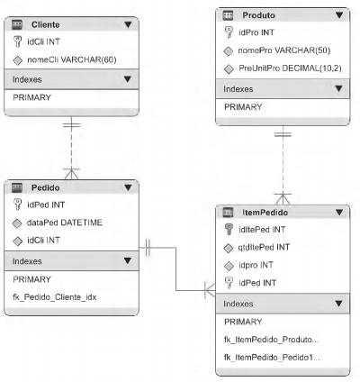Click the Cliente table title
point(46,24)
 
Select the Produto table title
point(258,15)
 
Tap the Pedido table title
point(46,187)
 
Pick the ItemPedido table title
point(265,213)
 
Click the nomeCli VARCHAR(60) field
point(72,59)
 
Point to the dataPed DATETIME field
point(65,223)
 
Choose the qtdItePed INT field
point(264,247)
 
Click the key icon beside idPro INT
point(229,32)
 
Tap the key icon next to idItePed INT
point(229,230)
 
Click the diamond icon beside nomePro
point(229,51)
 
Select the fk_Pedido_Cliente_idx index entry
point(55,297)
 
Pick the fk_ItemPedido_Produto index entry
point(271,340)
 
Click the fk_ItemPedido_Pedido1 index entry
point(272,358)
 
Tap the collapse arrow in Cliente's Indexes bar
point(128,79)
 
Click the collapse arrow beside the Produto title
point(339,15)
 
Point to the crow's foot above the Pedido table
point(71,174)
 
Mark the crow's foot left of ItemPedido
point(210,290)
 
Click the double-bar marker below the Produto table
point(283,134)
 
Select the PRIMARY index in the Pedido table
point(31,279)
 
